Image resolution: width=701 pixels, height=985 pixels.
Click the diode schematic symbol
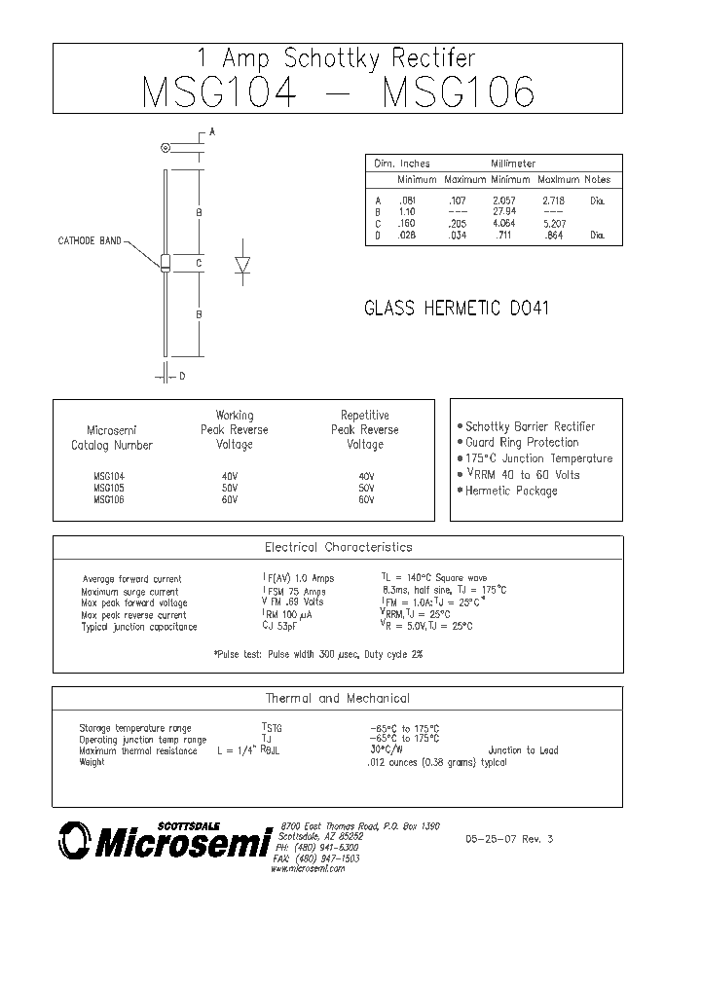coord(242,266)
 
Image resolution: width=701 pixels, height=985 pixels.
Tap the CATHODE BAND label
coord(90,240)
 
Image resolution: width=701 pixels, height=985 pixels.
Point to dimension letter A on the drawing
coord(212,131)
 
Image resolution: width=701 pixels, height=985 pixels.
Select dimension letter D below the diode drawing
coord(182,375)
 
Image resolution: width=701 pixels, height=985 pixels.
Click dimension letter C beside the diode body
coord(198,263)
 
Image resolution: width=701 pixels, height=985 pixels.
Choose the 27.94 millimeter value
coord(503,211)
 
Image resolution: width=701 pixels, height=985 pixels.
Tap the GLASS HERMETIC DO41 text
coord(457,310)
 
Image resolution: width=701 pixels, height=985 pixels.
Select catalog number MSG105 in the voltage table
coord(109,488)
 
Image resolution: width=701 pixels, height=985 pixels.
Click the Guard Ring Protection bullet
coord(522,442)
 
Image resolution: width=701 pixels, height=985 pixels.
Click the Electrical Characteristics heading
coord(338,547)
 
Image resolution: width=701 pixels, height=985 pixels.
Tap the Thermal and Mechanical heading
coord(338,698)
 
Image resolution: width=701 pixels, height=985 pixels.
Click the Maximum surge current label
coord(129,592)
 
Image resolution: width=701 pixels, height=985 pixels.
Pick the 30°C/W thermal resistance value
coord(387,750)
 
